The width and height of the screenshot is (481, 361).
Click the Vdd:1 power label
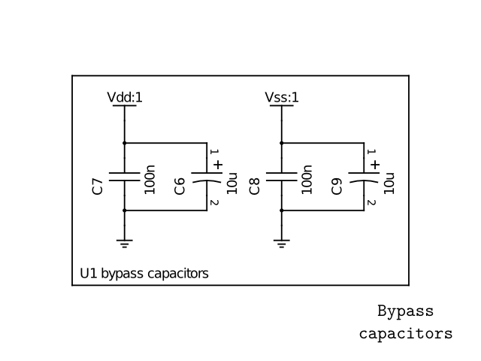click(x=125, y=97)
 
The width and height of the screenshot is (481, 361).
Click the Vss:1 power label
click(x=282, y=97)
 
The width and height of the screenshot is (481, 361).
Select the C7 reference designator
click(x=97, y=187)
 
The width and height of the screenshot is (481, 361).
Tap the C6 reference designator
click(x=180, y=187)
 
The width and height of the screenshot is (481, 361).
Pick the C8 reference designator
click(x=254, y=187)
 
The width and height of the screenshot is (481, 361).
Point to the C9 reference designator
click(x=337, y=187)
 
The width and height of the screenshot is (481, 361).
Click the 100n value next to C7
click(x=150, y=180)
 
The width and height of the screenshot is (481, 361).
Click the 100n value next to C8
click(x=307, y=180)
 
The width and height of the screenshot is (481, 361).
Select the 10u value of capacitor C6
click(x=232, y=183)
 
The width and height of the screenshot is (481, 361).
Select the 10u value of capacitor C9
click(x=389, y=183)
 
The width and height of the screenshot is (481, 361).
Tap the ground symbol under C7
click(x=125, y=242)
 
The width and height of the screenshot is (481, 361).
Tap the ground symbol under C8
click(x=282, y=242)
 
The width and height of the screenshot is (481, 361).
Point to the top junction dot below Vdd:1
click(x=125, y=143)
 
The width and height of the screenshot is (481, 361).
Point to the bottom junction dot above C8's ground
click(x=282, y=211)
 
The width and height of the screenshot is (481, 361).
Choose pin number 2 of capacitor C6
click(x=214, y=203)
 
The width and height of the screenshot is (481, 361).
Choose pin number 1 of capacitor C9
click(x=371, y=153)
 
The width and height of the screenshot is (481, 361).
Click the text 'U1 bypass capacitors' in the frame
click(x=144, y=273)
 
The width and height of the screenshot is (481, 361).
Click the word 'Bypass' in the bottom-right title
click(x=405, y=311)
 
